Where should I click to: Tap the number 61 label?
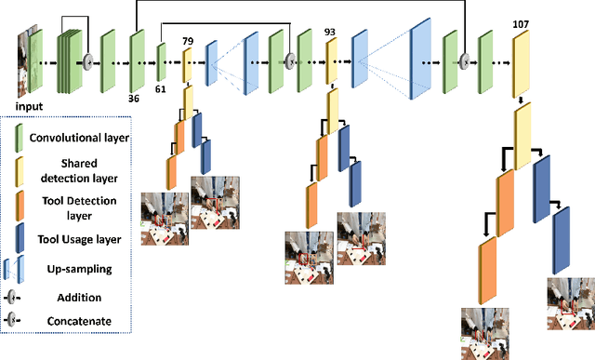161,89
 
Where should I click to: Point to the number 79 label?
187,40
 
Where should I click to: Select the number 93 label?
330,32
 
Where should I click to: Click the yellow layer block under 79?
187,64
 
